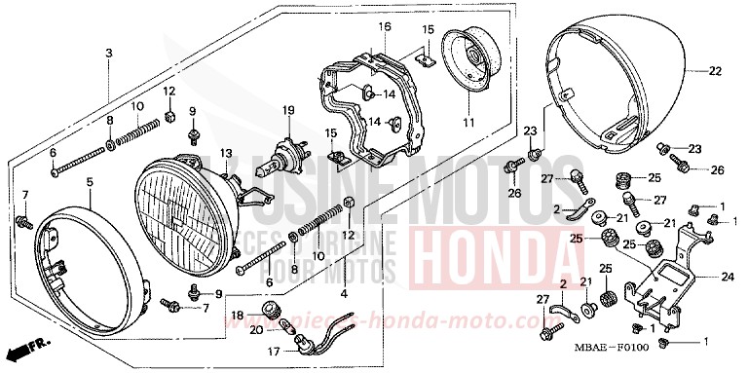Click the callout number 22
click(716, 72)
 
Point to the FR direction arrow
click(30, 346)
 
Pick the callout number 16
click(385, 27)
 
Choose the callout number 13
click(225, 154)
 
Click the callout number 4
click(344, 293)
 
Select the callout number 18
click(237, 314)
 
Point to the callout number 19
click(288, 109)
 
